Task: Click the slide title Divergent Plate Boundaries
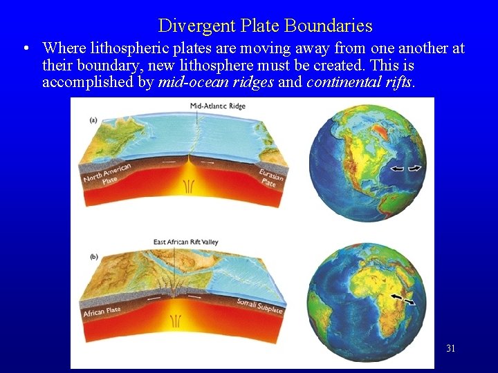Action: [x=265, y=26]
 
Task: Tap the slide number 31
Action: [x=450, y=348]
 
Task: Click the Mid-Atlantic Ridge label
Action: [x=218, y=106]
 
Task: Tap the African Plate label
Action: [x=102, y=312]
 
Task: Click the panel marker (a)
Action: [x=93, y=119]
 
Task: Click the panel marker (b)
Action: [x=93, y=257]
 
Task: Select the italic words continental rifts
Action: [x=359, y=83]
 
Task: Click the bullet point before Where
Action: [x=26, y=49]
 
